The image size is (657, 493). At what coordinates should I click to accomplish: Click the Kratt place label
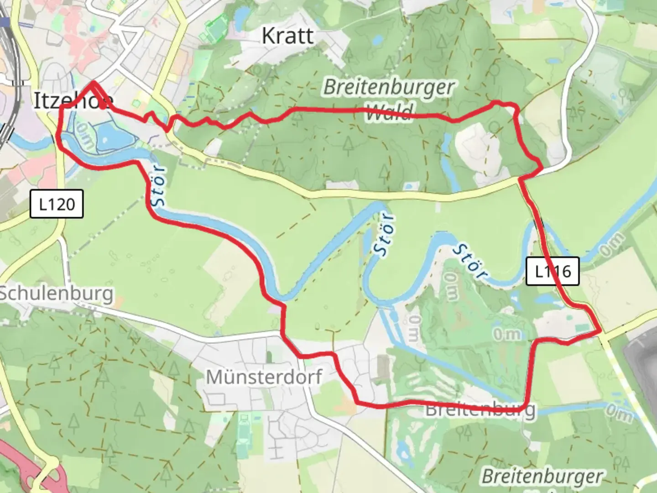coord(288,36)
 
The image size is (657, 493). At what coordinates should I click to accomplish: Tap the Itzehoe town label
coord(73,100)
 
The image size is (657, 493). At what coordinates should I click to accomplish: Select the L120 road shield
coord(57,204)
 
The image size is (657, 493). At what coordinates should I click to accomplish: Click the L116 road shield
coord(553,272)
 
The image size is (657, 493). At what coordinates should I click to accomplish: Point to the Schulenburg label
coord(56,293)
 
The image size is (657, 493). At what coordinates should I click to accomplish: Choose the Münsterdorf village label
coord(264,377)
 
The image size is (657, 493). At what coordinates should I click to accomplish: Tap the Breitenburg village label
coord(480,409)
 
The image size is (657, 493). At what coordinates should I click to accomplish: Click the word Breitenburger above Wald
coord(389,87)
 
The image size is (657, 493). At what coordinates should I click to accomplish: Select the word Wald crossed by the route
coord(389,111)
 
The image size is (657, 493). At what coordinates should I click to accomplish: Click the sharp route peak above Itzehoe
coord(93,83)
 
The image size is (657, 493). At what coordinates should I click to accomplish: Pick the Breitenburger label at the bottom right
coord(542,476)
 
